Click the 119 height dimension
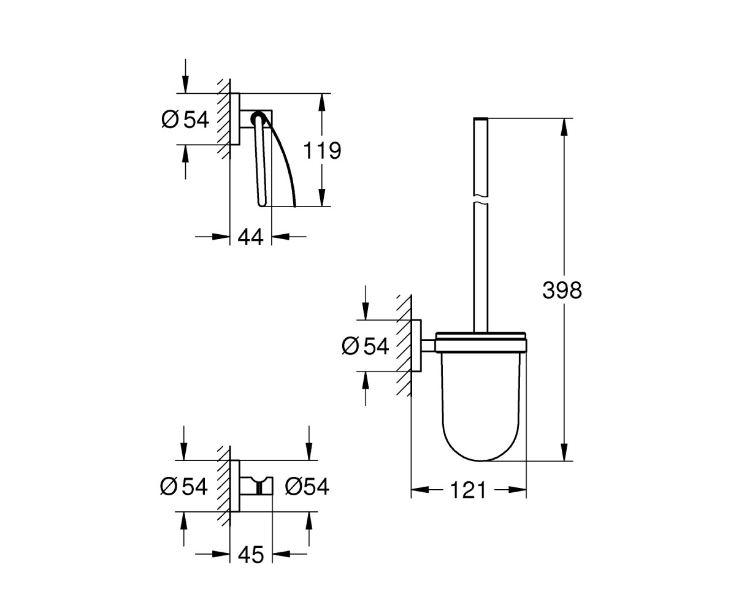322,150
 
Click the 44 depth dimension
250,237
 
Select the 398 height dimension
562,291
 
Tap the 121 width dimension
468,490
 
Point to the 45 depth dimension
251,554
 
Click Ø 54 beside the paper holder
185,119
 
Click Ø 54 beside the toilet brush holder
366,346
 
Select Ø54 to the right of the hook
307,487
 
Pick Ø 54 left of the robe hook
183,487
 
